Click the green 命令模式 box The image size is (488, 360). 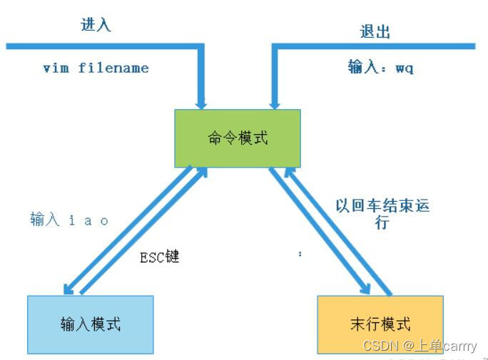(238, 138)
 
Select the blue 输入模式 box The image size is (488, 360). (90, 324)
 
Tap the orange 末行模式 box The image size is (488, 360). (380, 324)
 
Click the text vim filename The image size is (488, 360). (96, 68)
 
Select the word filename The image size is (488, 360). (113, 68)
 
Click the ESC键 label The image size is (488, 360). (159, 257)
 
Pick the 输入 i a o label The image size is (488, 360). (69, 220)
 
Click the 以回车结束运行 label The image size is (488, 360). (382, 213)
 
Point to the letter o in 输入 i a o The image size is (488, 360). (104, 221)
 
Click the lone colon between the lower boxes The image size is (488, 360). (300, 254)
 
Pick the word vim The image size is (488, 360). (56, 68)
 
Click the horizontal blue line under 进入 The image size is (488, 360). (100, 46)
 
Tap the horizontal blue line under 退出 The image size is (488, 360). (375, 46)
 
